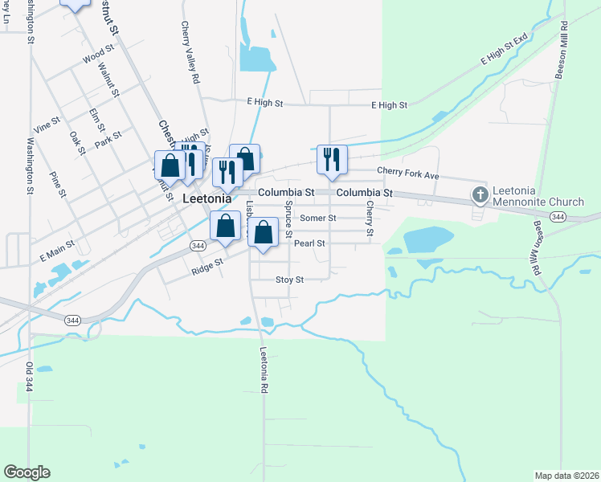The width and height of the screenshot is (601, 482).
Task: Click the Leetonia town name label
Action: (207, 198)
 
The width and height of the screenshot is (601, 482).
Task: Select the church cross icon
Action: (480, 194)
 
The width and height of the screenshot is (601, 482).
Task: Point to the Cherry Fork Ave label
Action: (409, 174)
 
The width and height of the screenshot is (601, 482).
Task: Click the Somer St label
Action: (317, 218)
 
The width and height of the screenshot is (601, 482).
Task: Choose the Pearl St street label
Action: (309, 243)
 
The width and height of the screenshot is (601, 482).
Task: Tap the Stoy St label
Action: (289, 280)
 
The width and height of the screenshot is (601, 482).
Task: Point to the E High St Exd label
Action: (504, 49)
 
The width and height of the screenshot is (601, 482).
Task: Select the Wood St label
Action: (98, 57)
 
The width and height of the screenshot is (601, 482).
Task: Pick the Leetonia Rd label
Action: (263, 370)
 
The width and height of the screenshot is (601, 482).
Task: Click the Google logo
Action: (27, 472)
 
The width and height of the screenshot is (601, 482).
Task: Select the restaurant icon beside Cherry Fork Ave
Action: (331, 160)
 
